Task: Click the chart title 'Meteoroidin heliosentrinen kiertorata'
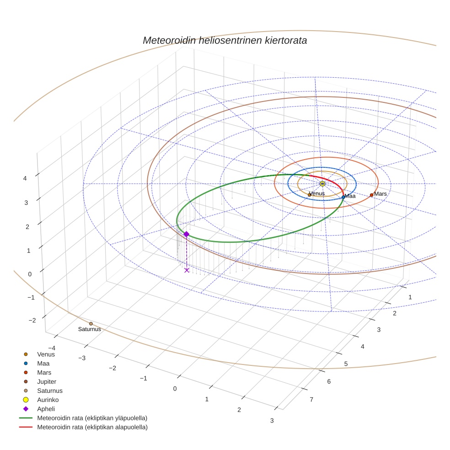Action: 225,40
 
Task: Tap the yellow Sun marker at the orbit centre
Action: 322,183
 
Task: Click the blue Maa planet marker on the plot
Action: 343,197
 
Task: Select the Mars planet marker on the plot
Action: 371,195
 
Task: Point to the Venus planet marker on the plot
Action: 310,195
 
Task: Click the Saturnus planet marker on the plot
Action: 91,324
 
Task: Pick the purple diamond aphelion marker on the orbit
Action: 186,234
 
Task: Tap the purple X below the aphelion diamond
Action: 187,270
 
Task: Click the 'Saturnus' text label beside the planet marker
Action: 89,329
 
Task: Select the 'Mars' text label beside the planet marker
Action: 380,194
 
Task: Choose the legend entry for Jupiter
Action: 47,381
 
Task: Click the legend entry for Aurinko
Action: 48,400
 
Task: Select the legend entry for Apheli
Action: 46,409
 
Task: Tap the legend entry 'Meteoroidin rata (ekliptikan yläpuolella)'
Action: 92,418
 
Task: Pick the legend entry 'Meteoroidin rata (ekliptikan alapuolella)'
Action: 92,427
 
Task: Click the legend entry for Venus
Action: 46,354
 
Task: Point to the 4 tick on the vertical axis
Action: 26,178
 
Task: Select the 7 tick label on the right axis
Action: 312,400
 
